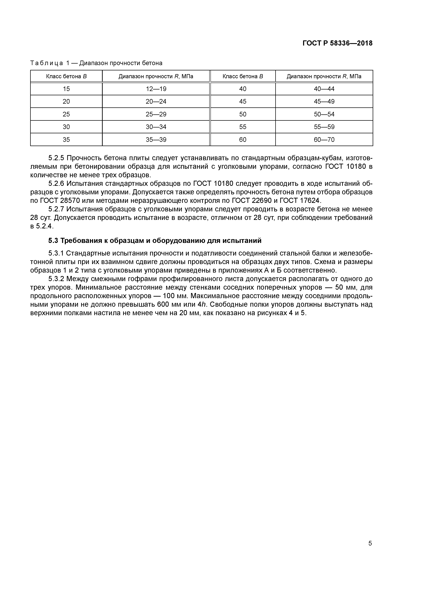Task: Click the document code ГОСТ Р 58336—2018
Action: [x=338, y=43]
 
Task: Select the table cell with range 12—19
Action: [x=156, y=89]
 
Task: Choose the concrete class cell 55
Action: [x=243, y=127]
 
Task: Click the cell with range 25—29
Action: [x=156, y=114]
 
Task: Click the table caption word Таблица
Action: [x=47, y=63]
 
